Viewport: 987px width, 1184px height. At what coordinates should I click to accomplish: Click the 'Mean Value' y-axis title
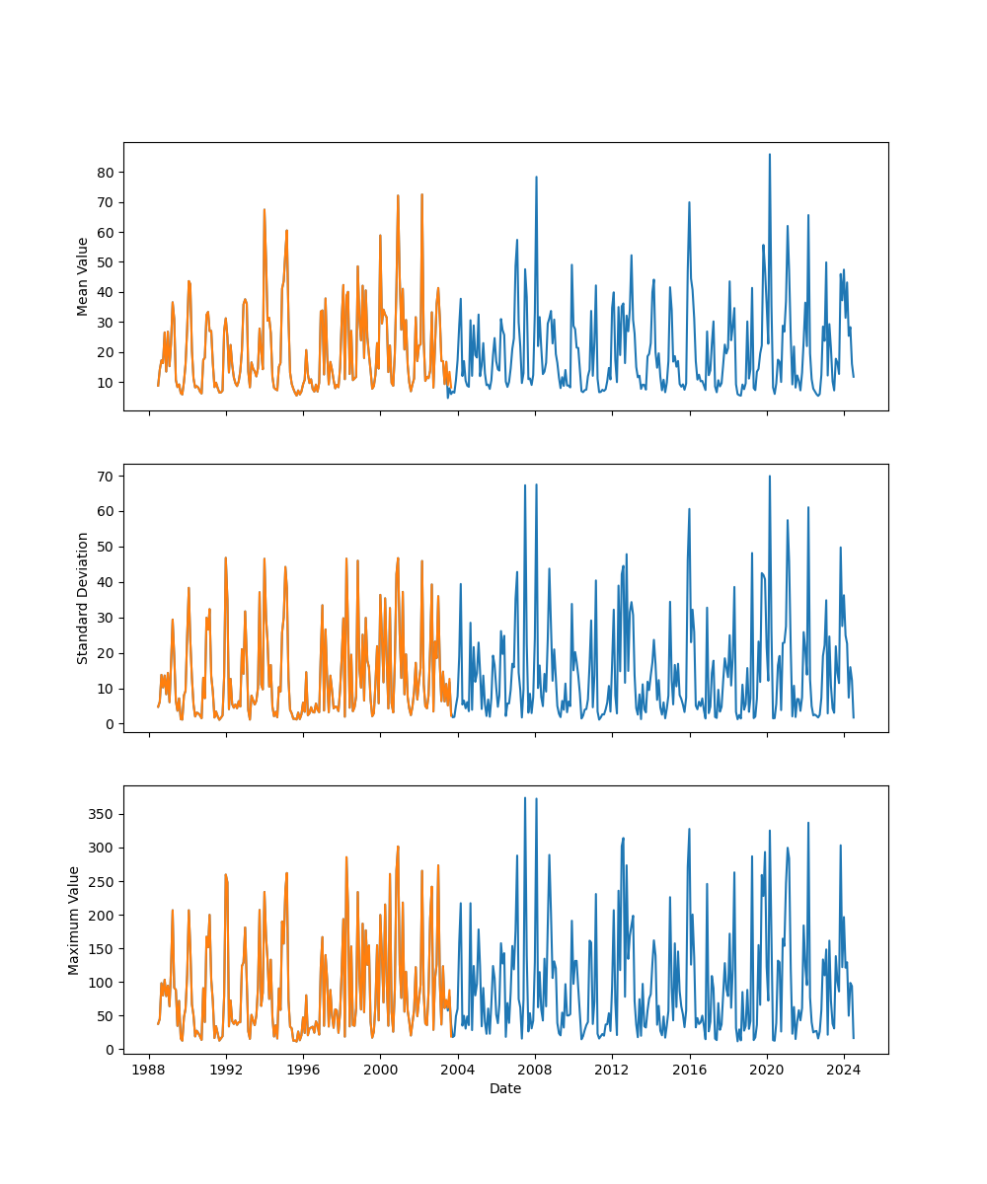tap(83, 276)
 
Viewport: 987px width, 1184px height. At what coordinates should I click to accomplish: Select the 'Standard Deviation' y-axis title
tap(83, 598)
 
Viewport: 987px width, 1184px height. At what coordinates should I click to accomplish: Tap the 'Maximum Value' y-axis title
tap(74, 920)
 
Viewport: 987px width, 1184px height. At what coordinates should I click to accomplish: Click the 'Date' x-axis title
tap(505, 1088)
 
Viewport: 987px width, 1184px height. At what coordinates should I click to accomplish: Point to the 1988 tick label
tap(149, 1070)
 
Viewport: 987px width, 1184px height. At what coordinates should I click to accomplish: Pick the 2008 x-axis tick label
tap(535, 1070)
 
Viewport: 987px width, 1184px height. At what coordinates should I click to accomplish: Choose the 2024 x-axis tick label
tap(843, 1070)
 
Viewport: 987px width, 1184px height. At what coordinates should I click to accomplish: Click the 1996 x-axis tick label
tap(303, 1070)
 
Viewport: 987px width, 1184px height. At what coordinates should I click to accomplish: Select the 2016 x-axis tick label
tap(689, 1070)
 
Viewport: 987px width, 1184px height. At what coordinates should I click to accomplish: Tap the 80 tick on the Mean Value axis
tap(105, 172)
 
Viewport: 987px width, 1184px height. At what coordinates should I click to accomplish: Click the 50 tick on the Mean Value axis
tap(105, 261)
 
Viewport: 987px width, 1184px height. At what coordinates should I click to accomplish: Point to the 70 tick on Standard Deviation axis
tap(105, 476)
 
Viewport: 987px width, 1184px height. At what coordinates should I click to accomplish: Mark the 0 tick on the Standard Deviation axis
tap(109, 724)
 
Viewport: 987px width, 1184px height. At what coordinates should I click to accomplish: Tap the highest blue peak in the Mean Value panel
tap(770, 155)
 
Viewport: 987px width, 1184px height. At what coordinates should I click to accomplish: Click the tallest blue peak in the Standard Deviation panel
tap(770, 477)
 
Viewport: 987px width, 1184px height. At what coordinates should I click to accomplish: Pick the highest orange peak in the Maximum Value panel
tap(398, 847)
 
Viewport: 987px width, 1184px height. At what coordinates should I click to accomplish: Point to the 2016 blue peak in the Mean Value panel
tap(689, 202)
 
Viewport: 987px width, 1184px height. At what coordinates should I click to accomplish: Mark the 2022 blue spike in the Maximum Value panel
tap(808, 823)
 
